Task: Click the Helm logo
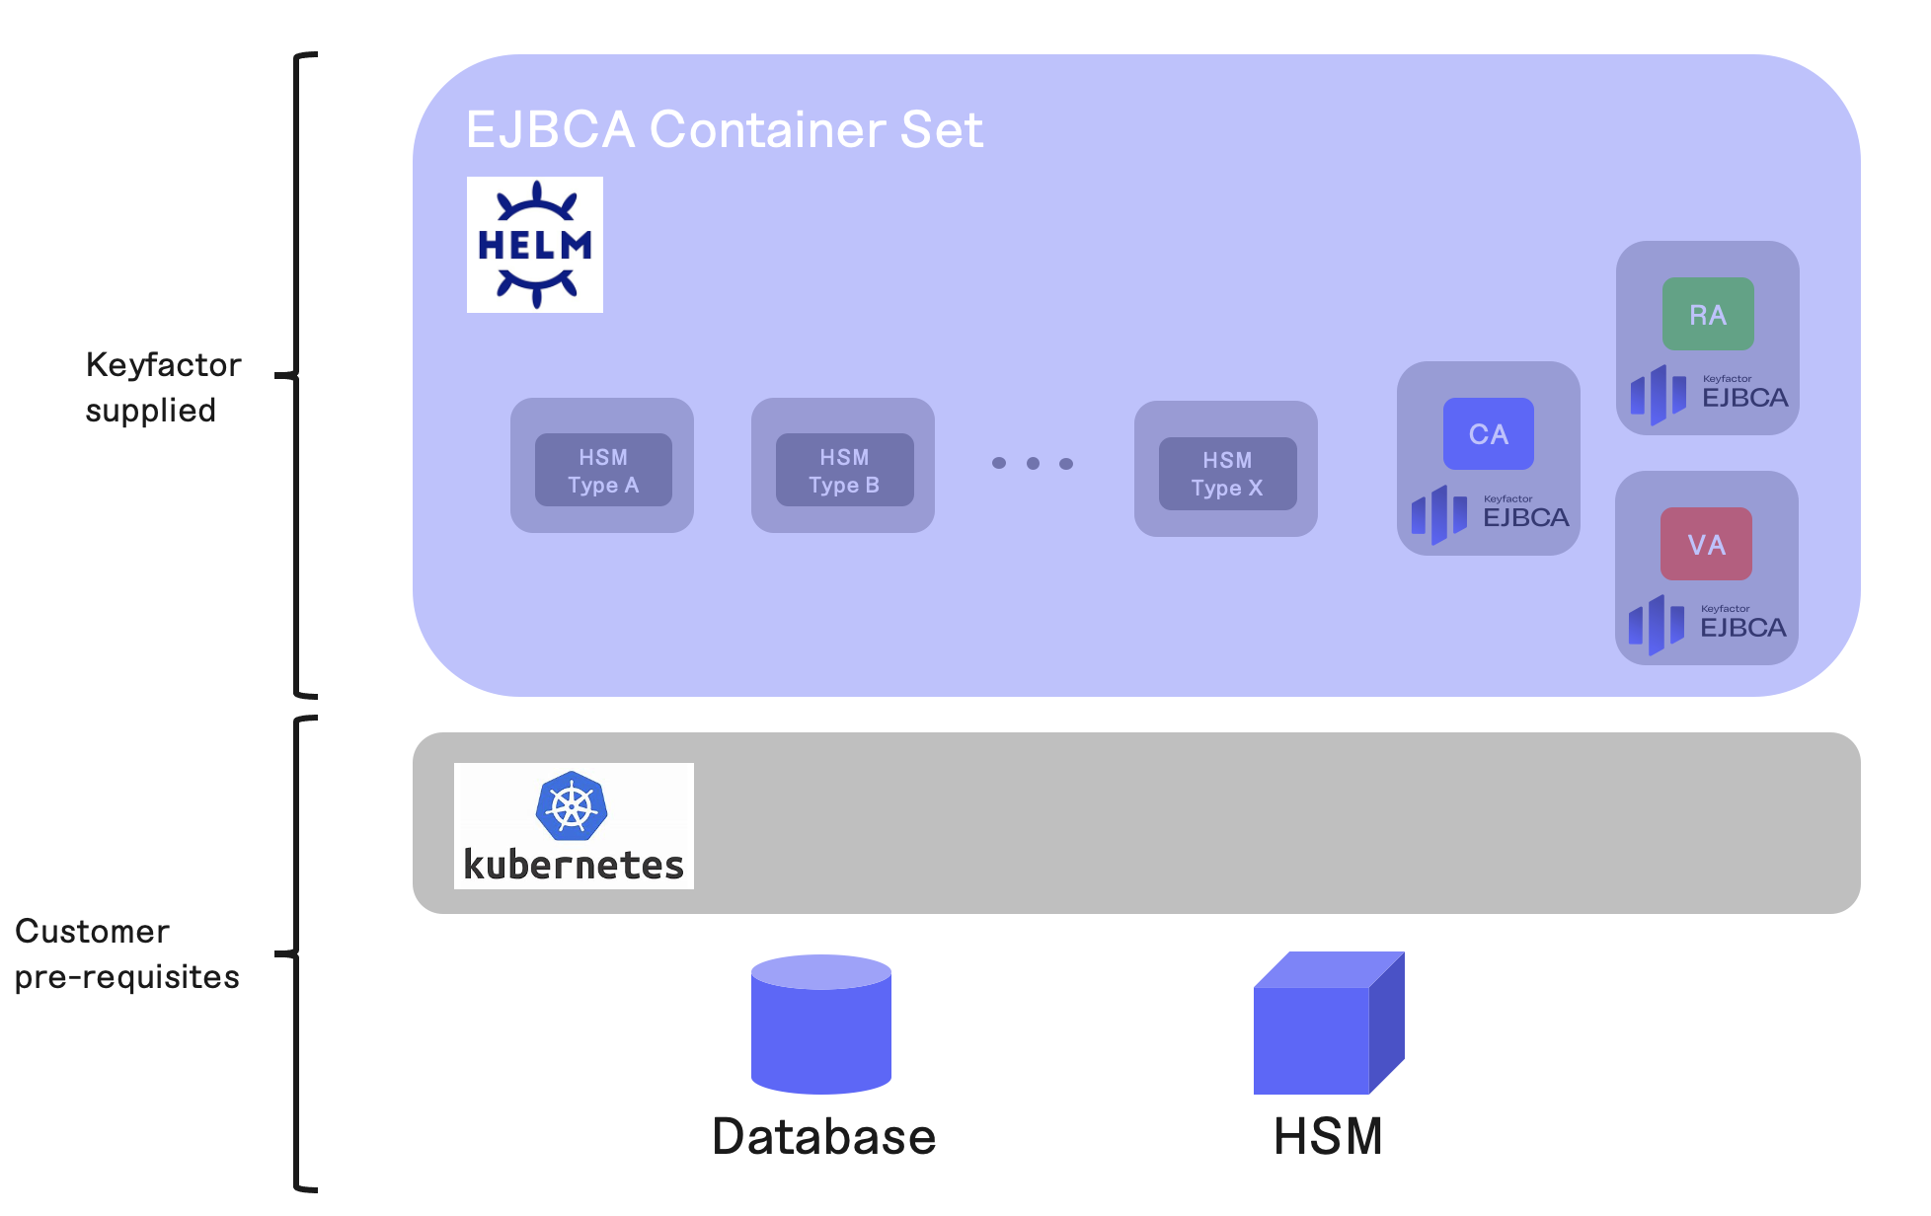(x=534, y=245)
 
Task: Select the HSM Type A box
(x=602, y=471)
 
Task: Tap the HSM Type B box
(x=843, y=471)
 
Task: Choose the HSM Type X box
(x=1226, y=474)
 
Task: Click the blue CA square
(x=1488, y=434)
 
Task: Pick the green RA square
(x=1707, y=315)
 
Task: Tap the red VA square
(x=1705, y=545)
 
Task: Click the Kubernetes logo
(x=574, y=826)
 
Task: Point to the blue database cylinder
(x=820, y=1026)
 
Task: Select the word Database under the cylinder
(x=823, y=1137)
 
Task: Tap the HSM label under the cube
(x=1327, y=1137)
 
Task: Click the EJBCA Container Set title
(x=724, y=129)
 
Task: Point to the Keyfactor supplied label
(x=163, y=387)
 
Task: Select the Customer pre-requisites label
(x=126, y=953)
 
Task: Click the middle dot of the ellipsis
(x=1033, y=463)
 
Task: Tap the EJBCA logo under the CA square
(x=1489, y=514)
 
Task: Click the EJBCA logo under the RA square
(x=1708, y=394)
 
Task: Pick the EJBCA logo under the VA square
(x=1706, y=624)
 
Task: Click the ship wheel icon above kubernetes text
(x=572, y=806)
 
